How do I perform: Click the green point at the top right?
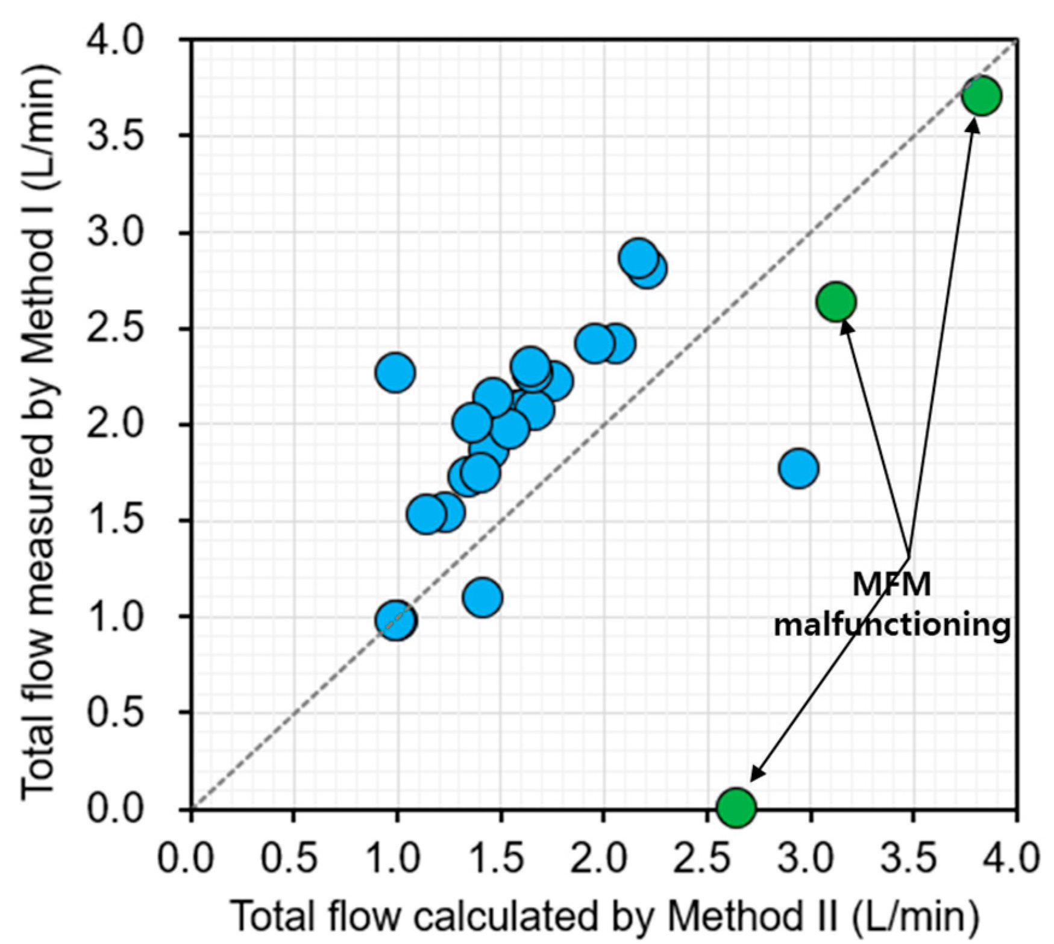click(981, 96)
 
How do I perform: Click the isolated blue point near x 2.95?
click(798, 468)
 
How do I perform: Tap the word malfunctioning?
click(891, 625)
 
